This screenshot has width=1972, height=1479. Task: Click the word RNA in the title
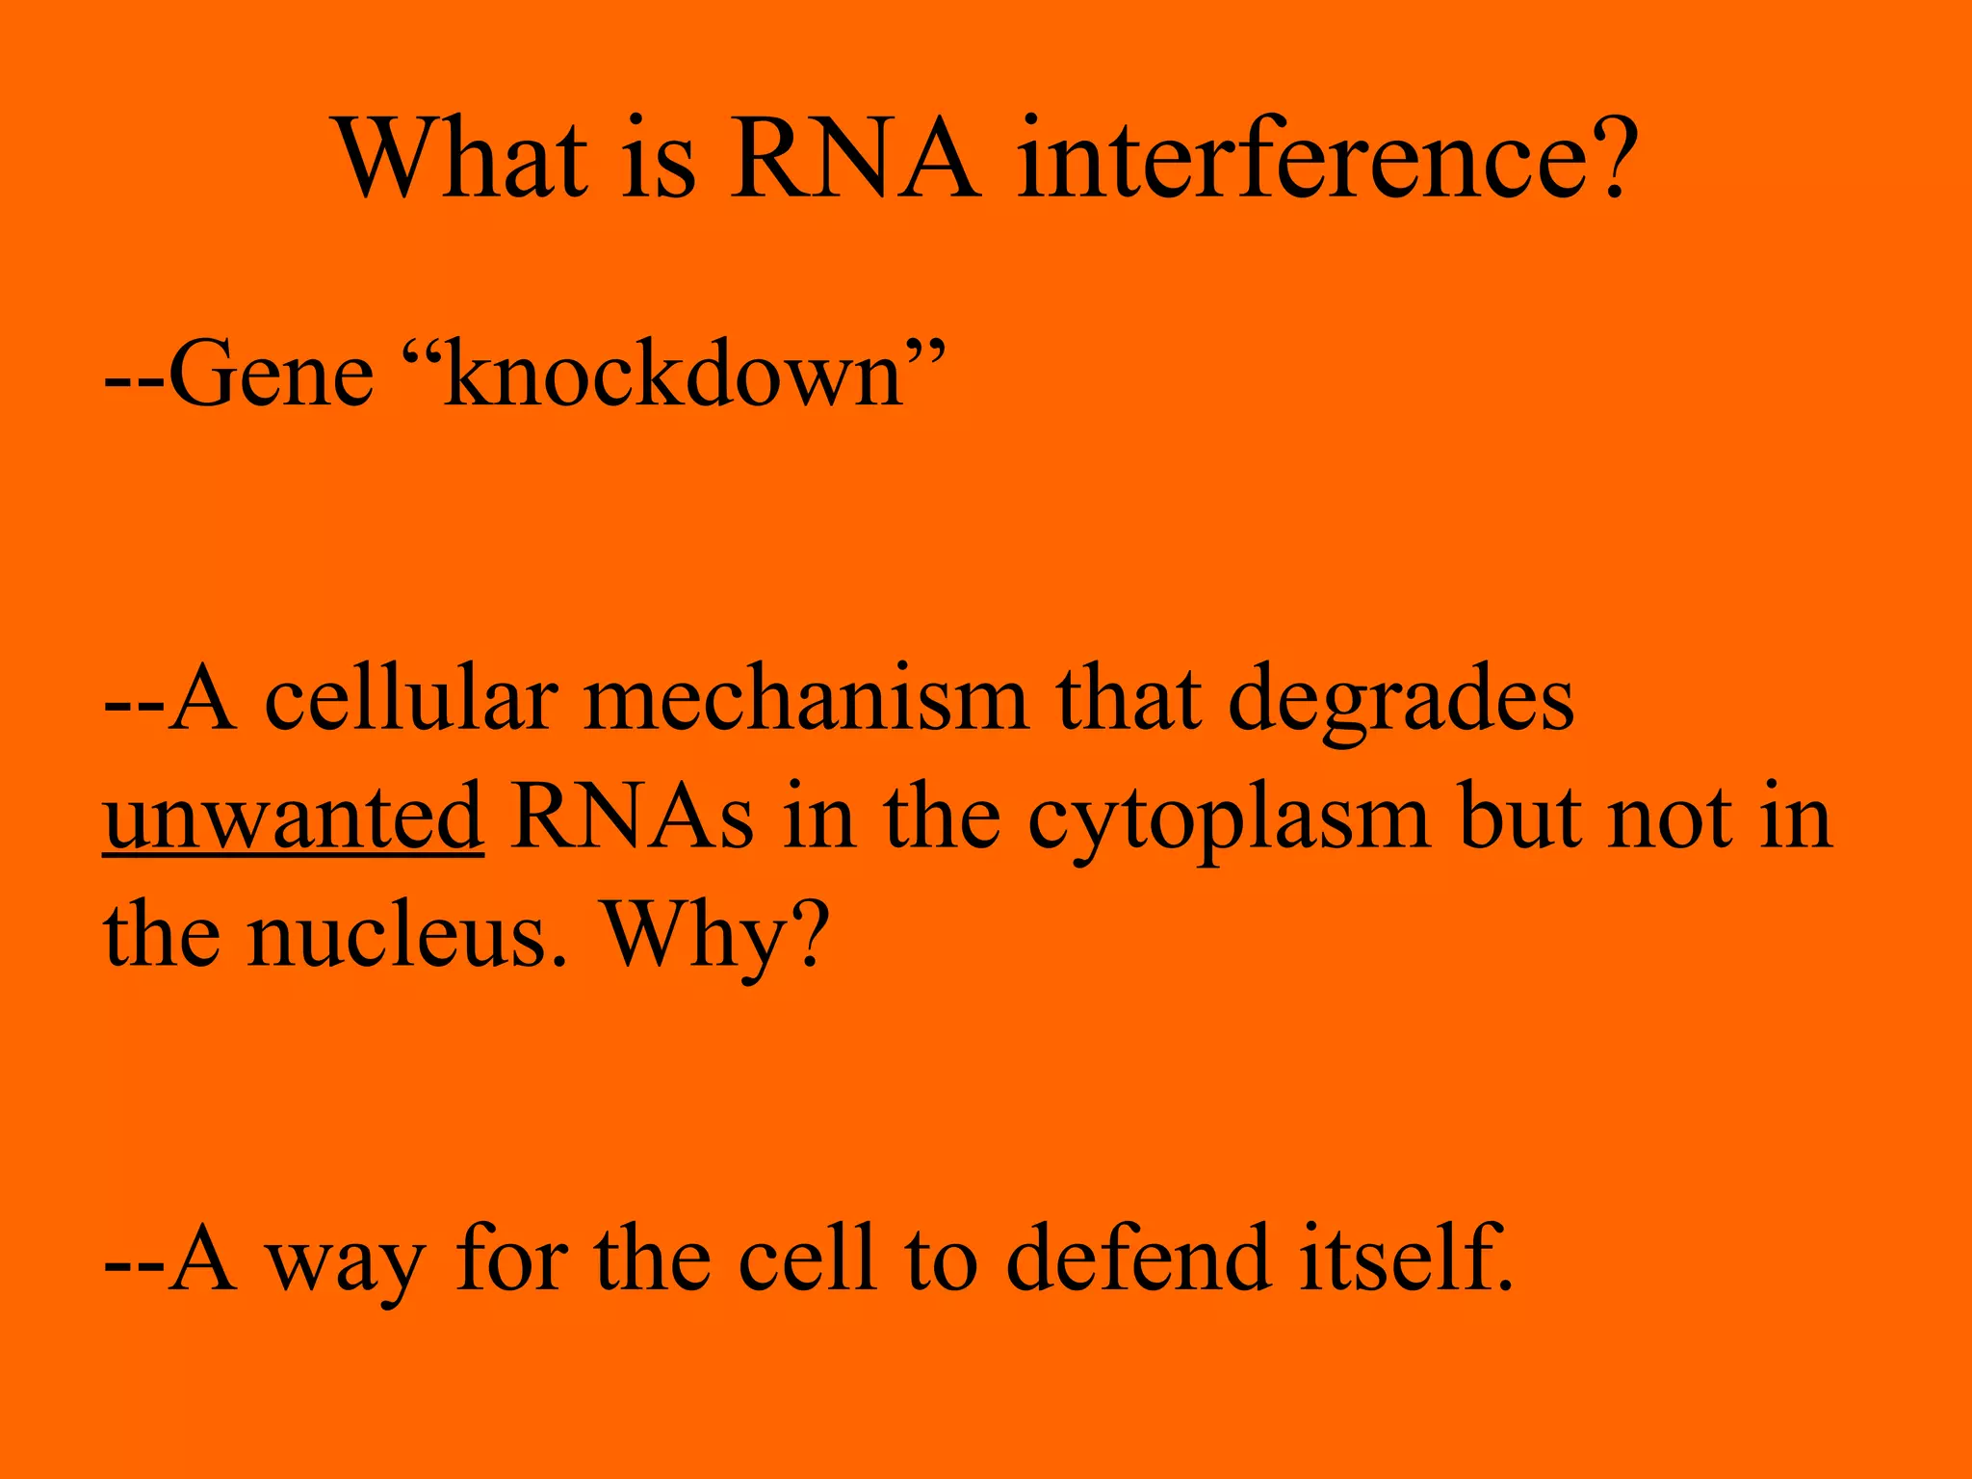click(855, 159)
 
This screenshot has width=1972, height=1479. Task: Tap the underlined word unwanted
click(293, 818)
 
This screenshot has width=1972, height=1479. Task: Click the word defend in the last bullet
click(1137, 1257)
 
